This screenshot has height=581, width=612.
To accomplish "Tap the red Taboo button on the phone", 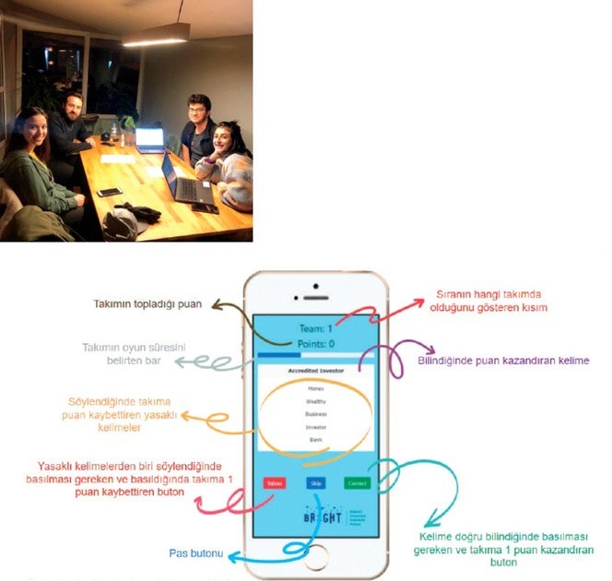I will click(x=272, y=482).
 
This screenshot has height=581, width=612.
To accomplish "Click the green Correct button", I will click(x=358, y=482).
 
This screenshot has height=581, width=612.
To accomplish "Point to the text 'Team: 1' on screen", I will click(x=315, y=326).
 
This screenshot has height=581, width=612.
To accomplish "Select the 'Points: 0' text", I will click(x=315, y=344).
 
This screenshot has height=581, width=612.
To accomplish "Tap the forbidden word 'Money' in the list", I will click(x=315, y=388).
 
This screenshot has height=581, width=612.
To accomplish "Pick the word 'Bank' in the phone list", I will click(x=315, y=442).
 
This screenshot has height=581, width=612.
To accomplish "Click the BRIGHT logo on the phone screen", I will click(x=322, y=517).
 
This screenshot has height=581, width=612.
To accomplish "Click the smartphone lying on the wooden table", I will click(x=110, y=192).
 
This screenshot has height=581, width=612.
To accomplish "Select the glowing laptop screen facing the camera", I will click(x=149, y=139).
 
